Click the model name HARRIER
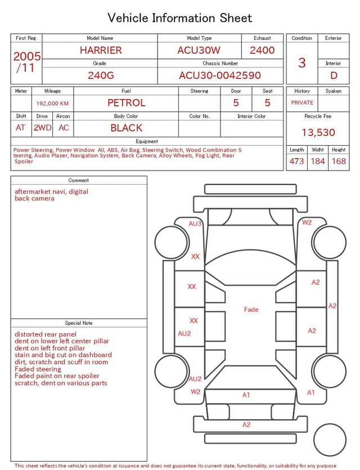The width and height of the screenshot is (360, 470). click(101, 50)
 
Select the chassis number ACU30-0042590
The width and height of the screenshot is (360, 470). click(220, 75)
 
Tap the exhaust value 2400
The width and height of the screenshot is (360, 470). click(262, 50)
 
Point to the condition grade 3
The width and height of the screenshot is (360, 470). click(302, 62)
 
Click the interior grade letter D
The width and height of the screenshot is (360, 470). click(334, 75)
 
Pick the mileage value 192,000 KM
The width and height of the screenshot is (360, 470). click(52, 104)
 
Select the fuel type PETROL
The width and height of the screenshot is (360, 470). click(127, 103)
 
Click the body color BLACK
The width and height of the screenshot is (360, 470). click(127, 128)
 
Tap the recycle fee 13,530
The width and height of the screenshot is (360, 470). click(318, 132)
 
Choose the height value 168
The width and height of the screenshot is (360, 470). click(339, 161)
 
